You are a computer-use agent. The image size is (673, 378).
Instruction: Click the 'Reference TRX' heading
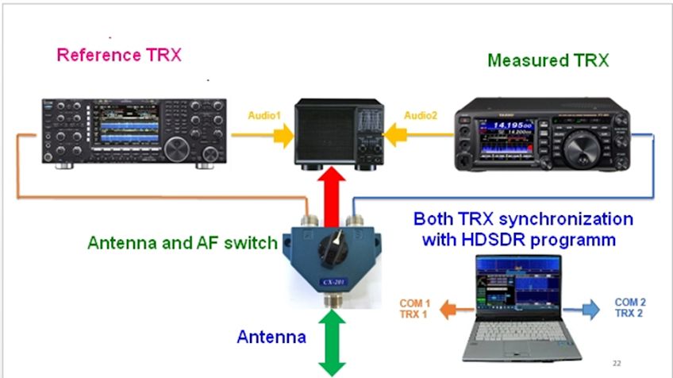[119, 56]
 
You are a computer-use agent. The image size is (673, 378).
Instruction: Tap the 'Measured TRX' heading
[548, 60]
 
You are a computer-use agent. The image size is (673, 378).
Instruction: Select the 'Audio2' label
[421, 116]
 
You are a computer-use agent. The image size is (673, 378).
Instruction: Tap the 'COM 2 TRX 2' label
[630, 308]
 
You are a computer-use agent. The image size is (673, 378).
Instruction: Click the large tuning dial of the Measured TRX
[583, 149]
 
